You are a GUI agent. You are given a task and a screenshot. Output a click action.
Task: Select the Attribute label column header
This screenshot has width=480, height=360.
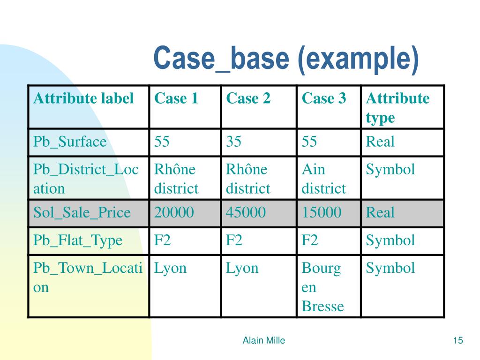(83, 98)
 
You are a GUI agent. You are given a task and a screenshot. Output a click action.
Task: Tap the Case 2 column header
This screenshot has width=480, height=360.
(248, 98)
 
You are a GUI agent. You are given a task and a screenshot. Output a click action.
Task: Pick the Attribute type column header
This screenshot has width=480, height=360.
(397, 108)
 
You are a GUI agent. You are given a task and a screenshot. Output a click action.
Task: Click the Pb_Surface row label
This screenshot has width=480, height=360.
(70, 142)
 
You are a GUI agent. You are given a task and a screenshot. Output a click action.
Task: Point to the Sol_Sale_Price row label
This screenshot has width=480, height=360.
(82, 213)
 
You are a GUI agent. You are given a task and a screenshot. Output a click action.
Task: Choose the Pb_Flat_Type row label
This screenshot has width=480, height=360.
(77, 240)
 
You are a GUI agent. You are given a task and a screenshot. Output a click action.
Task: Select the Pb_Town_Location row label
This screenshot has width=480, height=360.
(88, 277)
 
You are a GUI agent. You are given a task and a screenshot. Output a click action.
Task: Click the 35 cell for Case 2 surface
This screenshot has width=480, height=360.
(233, 142)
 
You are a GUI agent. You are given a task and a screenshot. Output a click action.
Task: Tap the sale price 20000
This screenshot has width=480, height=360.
(174, 213)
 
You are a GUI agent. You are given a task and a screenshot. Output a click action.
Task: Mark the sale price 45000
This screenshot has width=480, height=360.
(246, 213)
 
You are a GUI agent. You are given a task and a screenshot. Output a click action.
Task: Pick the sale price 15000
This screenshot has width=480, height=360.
(322, 213)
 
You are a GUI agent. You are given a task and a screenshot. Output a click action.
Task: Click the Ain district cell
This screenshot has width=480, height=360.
(323, 179)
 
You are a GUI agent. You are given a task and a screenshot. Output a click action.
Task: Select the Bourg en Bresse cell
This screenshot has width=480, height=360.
(322, 287)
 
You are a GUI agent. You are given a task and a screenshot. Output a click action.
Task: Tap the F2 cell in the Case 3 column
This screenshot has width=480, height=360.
(310, 240)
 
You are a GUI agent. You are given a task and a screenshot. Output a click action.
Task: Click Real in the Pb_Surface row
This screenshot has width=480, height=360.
(380, 142)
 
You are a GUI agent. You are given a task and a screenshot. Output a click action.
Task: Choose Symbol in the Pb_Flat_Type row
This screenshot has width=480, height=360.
(390, 240)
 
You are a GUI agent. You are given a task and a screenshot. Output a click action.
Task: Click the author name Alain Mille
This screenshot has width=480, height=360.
(263, 341)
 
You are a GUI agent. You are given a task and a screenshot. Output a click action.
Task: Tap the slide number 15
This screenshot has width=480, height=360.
(458, 341)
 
